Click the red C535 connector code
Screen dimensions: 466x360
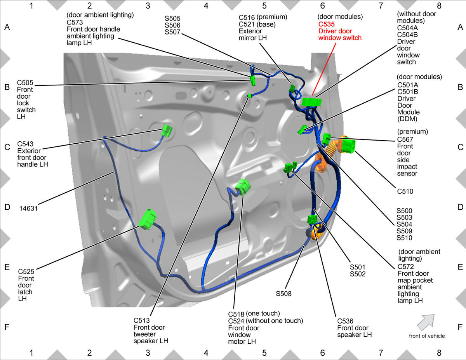tap(326, 24)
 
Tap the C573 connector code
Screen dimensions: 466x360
tap(75, 22)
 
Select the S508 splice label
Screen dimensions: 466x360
tap(283, 294)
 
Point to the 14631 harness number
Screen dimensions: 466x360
tap(28, 208)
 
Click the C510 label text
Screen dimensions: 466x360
tap(405, 191)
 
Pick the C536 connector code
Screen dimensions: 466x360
tap(345, 321)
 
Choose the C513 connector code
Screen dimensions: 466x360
tap(141, 320)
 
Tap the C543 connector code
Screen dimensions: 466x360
tap(25, 144)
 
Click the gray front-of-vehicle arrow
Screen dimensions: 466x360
tap(426, 322)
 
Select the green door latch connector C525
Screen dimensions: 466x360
tap(147, 219)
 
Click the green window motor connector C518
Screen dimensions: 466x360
tap(243, 187)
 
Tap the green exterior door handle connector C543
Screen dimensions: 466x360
tap(167, 130)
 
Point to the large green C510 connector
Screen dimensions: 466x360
tap(348, 146)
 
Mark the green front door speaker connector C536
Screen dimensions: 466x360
tap(312, 219)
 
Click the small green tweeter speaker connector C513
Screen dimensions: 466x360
tap(249, 96)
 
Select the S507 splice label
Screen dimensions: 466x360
tap(172, 32)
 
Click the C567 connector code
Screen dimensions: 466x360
tap(405, 139)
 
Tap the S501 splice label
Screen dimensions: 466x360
tap(358, 267)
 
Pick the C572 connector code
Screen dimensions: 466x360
tap(406, 266)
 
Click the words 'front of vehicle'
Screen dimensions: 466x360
tap(427, 336)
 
